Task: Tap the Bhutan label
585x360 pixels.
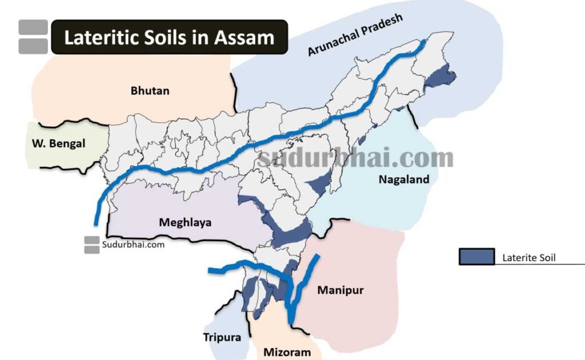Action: [150, 91]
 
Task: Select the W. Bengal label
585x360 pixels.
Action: [58, 143]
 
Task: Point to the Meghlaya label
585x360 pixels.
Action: [185, 222]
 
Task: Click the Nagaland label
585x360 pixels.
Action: [404, 179]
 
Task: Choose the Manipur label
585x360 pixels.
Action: [340, 290]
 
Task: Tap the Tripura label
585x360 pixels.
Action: [222, 337]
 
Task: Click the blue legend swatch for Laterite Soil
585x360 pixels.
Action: [476, 257]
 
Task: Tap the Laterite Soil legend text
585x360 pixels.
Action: [529, 258]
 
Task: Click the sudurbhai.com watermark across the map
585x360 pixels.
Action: [355, 158]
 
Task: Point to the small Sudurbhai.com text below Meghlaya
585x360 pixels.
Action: [134, 245]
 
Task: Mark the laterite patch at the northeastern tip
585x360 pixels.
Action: [442, 77]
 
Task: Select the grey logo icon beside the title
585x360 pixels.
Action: [33, 37]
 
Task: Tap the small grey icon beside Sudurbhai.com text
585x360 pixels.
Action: [91, 245]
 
